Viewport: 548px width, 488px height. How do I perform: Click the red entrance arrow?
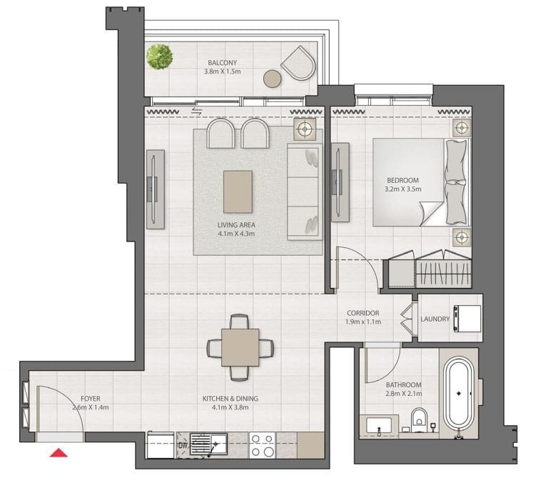[x=59, y=452]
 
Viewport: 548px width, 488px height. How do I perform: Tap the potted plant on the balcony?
[x=160, y=56]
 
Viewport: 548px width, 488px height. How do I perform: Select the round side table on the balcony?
[x=272, y=79]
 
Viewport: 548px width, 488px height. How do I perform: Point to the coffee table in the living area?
[x=238, y=191]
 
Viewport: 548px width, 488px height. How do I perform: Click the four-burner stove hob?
[x=263, y=445]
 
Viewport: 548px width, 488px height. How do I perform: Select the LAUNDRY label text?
[x=435, y=319]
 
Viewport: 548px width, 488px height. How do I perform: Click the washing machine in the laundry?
[x=467, y=318]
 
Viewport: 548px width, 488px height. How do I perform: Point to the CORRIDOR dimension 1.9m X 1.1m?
[x=363, y=322]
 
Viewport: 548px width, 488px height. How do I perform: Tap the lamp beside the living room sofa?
[x=305, y=129]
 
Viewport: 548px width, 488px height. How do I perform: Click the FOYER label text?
[x=91, y=399]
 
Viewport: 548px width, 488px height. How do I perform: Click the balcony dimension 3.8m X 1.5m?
[x=223, y=72]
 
